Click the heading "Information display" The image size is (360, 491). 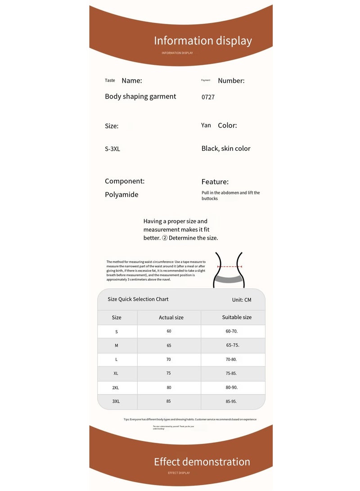(x=202, y=41)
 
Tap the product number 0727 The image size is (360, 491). (x=208, y=97)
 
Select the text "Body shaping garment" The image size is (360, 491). (x=140, y=96)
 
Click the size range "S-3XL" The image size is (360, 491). (x=112, y=149)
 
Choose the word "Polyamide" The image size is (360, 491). (x=121, y=194)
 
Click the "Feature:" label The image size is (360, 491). (x=215, y=182)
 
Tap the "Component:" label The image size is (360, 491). (x=125, y=181)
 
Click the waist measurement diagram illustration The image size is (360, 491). (x=229, y=270)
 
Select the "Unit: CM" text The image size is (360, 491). (x=242, y=300)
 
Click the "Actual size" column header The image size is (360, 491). (x=171, y=317)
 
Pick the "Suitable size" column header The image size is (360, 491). (x=237, y=317)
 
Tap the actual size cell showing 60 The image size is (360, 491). (x=169, y=331)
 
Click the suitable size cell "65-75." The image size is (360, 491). (x=233, y=345)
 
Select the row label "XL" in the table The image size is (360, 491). (x=116, y=374)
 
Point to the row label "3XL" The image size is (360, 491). (x=116, y=401)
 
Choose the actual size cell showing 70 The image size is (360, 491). (x=169, y=360)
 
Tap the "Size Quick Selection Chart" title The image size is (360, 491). (x=138, y=299)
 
